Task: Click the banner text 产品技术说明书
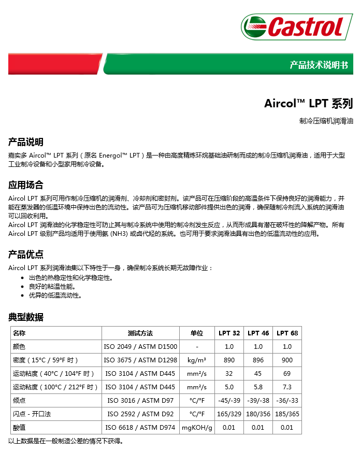pos(319,65)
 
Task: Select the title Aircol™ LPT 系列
pos(308,103)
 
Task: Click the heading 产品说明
pos(25,142)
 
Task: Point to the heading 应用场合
pos(25,185)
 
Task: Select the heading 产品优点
pos(25,255)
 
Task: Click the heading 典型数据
pos(25,317)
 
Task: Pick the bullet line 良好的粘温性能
pos(52,286)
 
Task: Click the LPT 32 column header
pos(229,333)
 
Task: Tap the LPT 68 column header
pos(287,333)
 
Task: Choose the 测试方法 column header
pos(140,333)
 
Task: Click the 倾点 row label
pos(19,400)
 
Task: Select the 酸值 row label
pos(19,427)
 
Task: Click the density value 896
pos(258,360)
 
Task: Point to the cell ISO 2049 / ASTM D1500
pos(140,347)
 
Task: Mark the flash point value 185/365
pos(287,414)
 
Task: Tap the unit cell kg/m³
pos(197,360)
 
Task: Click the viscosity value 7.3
pos(287,387)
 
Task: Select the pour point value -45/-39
pos(229,400)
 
